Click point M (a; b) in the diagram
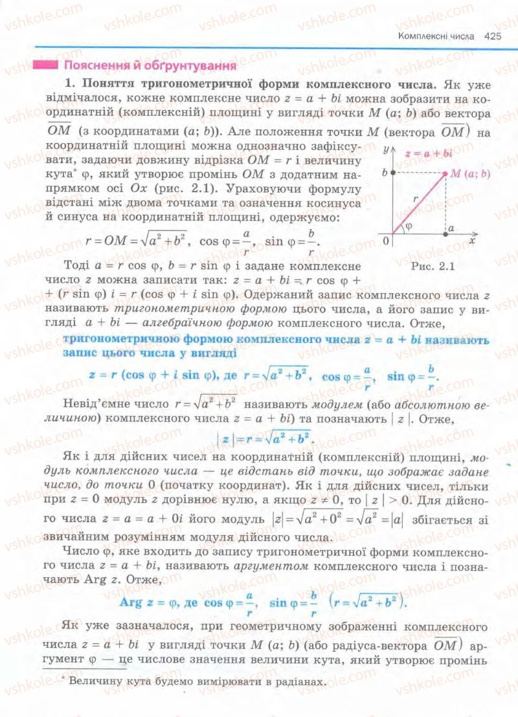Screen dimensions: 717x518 coord(445,173)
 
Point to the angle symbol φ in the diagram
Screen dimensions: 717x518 coord(407,227)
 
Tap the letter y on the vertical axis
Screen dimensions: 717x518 coord(385,149)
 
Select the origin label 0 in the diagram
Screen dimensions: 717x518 coord(385,241)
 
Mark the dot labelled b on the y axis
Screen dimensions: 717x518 coord(392,173)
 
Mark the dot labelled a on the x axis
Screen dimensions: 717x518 coord(445,233)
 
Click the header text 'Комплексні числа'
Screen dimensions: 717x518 coord(436,37)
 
